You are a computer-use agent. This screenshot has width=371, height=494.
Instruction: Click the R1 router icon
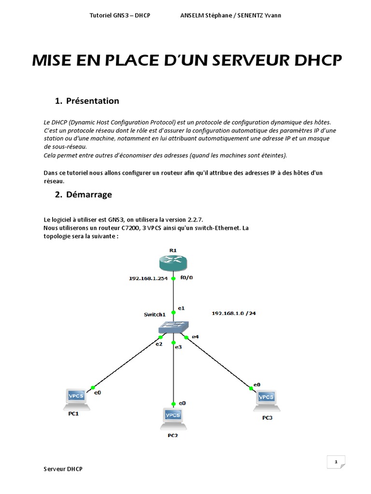[x=173, y=263]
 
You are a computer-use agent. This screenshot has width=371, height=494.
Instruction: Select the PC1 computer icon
[x=76, y=397]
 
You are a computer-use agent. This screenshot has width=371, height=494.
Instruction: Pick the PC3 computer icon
[x=266, y=398]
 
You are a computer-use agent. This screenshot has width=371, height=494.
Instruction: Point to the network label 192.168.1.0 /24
[x=234, y=313]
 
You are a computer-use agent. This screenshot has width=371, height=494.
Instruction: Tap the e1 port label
[x=181, y=307]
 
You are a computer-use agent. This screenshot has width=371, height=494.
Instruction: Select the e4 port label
[x=195, y=336]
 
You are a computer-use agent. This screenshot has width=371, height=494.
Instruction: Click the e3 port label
[x=178, y=347]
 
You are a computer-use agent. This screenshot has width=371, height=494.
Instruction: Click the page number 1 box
[x=335, y=462]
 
